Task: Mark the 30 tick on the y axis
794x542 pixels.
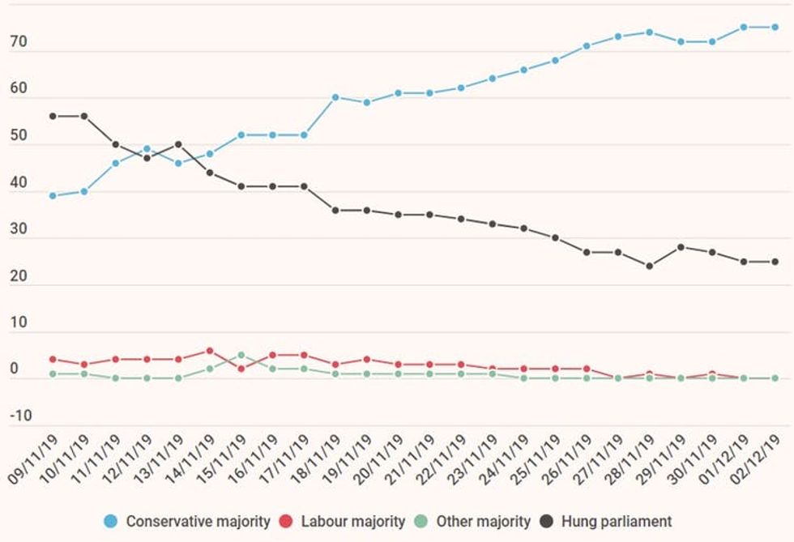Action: pos(18,229)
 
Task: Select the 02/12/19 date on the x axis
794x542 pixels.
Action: pos(758,460)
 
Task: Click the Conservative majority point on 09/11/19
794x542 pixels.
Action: pos(53,195)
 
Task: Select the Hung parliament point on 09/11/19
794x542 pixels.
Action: pos(53,116)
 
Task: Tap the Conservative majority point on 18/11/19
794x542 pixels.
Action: pos(335,97)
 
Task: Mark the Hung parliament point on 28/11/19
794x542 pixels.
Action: pos(649,266)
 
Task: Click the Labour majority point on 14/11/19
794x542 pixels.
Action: pos(210,351)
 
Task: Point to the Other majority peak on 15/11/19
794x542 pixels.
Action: pos(241,355)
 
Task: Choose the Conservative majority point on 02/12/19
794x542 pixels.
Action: pos(775,27)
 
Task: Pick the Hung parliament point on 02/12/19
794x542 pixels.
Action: pos(775,262)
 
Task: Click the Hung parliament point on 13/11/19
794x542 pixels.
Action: pos(178,144)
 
